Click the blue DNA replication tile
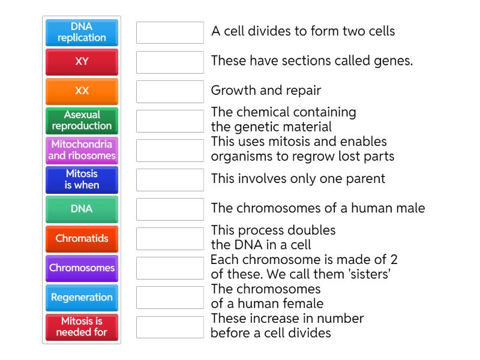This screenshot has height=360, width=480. point(82,32)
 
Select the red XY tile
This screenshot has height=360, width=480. point(82,62)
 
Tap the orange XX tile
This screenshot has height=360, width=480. point(82,91)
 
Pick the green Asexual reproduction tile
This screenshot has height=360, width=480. point(82,121)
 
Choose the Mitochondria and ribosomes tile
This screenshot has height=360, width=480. point(82,150)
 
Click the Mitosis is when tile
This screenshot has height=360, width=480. point(82,179)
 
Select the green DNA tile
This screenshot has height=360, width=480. point(82,209)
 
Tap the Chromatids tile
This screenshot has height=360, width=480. point(82,238)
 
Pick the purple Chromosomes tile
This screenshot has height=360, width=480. point(82,268)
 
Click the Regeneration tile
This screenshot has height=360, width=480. point(82,297)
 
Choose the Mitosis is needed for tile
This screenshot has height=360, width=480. point(82,326)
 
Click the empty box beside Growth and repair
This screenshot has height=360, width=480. point(170,91)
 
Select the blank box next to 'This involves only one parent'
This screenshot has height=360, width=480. point(170,179)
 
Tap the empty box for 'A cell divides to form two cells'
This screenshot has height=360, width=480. point(170,32)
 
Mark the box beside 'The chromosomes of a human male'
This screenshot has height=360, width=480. point(170,209)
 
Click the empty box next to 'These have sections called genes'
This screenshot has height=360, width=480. point(170,62)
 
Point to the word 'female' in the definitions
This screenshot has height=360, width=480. point(303,304)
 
